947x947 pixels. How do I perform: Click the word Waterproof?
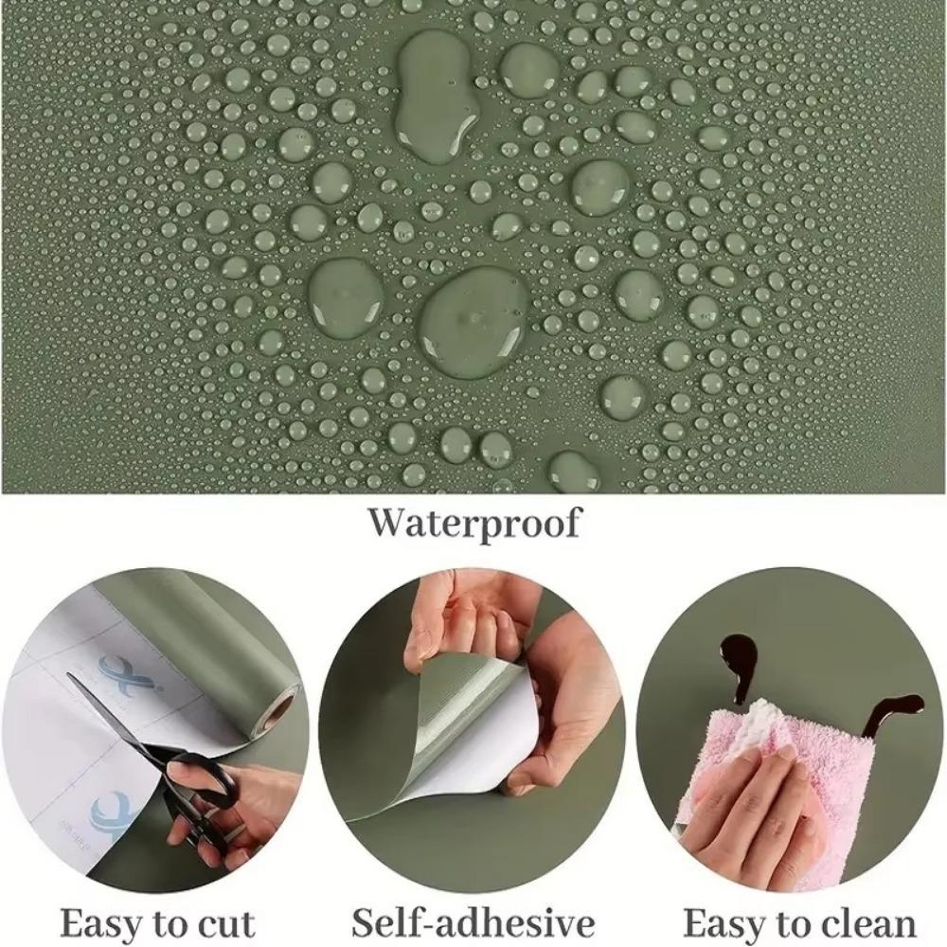(x=474, y=524)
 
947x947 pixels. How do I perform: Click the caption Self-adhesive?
(x=473, y=923)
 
